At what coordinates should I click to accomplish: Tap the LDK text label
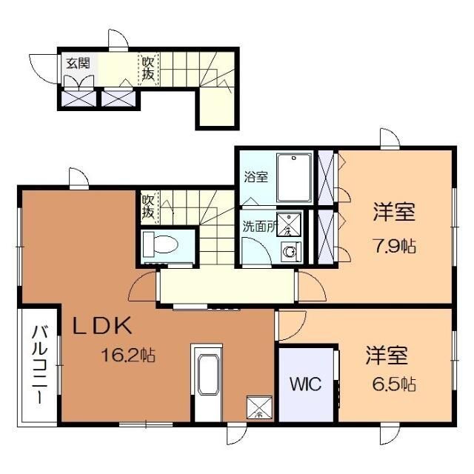[x=101, y=325]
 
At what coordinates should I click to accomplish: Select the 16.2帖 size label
[x=127, y=355]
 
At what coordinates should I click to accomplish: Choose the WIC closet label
[x=304, y=384]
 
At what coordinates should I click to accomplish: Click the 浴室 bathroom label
[x=257, y=177]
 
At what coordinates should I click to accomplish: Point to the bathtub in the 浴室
[x=295, y=177]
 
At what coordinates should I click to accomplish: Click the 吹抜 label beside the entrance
[x=148, y=69]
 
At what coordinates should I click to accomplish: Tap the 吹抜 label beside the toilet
[x=148, y=207]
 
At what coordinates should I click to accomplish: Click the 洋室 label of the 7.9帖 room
[x=393, y=213]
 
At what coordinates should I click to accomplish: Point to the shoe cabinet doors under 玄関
[x=96, y=98]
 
